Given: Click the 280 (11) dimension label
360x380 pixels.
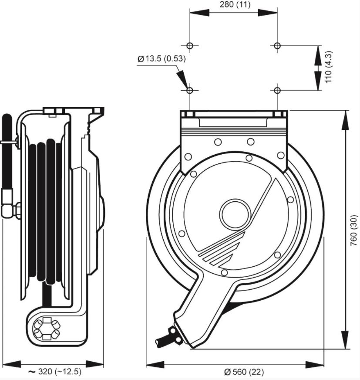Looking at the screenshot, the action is [235, 4].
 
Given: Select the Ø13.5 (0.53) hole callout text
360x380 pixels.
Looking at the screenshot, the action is [162, 59].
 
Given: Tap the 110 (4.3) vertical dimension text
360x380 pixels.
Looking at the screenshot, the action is [329, 67].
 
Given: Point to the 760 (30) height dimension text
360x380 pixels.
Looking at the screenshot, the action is [354, 230].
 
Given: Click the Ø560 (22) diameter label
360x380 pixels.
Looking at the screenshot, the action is [244, 372].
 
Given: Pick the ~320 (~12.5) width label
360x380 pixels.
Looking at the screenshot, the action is [55, 371].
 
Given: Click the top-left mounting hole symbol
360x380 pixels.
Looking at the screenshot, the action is [190, 45].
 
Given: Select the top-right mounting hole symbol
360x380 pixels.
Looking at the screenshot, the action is [277, 45].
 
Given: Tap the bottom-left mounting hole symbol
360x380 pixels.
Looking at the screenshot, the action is [190, 90].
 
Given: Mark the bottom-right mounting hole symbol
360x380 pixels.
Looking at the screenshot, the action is [277, 90].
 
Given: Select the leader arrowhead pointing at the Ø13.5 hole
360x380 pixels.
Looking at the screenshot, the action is [183, 80].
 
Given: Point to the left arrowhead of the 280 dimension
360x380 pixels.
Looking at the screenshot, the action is [199, 13].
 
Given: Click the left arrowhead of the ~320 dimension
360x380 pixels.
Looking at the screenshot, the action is [11, 364].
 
